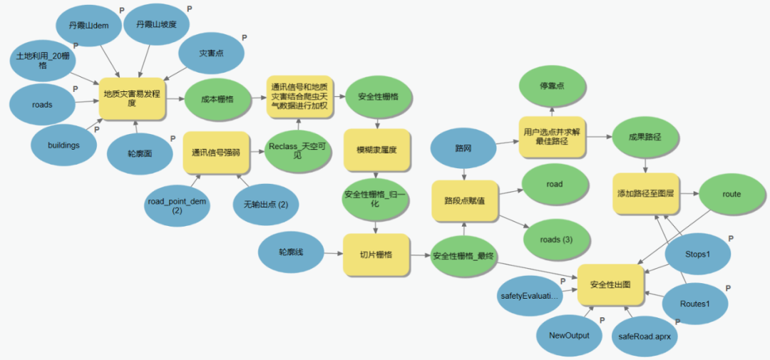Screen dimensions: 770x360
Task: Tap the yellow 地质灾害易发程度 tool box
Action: click(132, 98)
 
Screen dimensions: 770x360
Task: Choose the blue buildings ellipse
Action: click(63, 145)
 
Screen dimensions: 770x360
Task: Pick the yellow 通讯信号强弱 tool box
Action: click(216, 153)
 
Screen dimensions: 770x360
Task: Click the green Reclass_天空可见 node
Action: click(297, 150)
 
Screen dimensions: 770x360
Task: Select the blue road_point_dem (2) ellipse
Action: click(176, 206)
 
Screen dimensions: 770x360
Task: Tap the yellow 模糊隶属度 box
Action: click(376, 150)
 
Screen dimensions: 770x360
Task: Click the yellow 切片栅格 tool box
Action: click(376, 254)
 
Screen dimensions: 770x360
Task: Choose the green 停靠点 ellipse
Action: click(553, 86)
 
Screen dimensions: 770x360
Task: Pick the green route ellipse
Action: click(731, 194)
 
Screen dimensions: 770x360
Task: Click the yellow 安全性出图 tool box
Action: click(610, 284)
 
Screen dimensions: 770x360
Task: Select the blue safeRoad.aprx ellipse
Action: click(646, 334)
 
